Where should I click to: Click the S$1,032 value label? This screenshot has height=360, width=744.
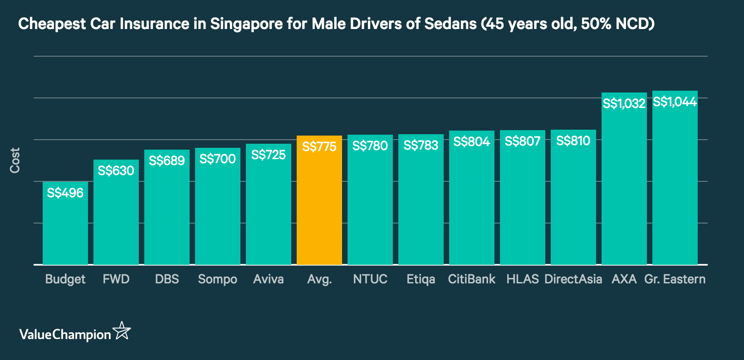click(624, 104)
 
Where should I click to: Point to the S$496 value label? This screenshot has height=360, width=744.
click(65, 193)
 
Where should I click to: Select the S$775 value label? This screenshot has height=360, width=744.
click(319, 147)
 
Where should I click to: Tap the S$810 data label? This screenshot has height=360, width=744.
click(573, 141)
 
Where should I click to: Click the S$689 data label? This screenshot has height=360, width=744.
click(166, 161)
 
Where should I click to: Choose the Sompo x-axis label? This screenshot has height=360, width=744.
click(217, 279)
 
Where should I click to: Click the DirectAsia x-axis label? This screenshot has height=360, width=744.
click(573, 279)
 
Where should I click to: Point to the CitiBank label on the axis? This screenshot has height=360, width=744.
click(471, 279)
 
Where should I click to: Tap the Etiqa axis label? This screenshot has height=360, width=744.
click(421, 279)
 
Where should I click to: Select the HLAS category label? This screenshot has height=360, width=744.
click(522, 279)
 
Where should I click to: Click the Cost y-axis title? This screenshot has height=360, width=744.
click(15, 160)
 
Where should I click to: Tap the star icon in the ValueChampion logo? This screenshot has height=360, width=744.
click(122, 331)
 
